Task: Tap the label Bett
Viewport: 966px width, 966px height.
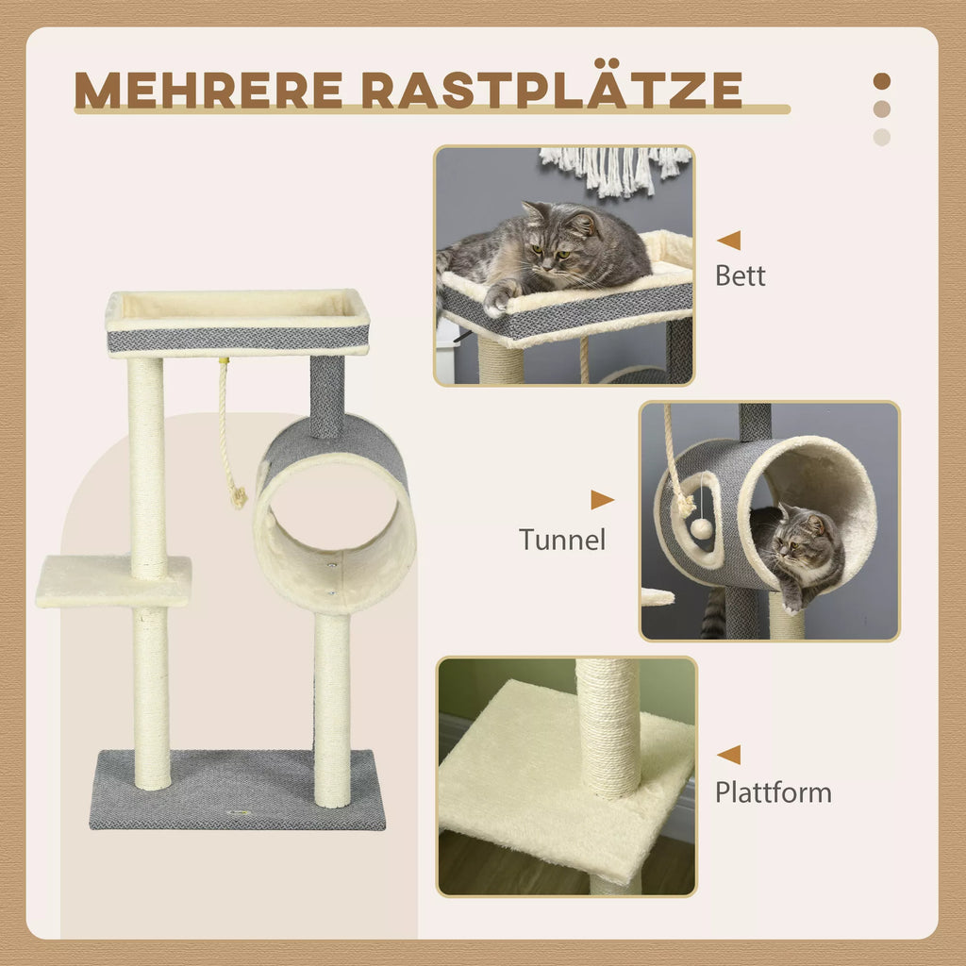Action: (740, 275)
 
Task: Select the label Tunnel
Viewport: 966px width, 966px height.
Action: (562, 539)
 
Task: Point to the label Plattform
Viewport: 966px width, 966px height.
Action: (774, 792)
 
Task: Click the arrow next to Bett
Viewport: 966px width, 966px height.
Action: (729, 241)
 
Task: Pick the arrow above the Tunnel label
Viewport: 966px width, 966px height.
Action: (602, 500)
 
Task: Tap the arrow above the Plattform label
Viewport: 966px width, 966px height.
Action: (729, 755)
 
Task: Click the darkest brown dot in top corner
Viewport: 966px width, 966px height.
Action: (882, 81)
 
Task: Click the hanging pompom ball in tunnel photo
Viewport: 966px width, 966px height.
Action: (701, 528)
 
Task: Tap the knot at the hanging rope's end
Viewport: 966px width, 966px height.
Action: (239, 497)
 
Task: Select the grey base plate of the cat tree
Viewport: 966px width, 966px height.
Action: (237, 790)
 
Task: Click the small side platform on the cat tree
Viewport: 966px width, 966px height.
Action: (113, 581)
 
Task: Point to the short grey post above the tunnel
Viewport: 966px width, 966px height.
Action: (326, 396)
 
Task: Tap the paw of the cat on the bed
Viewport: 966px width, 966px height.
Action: (498, 297)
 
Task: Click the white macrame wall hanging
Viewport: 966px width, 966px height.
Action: (615, 170)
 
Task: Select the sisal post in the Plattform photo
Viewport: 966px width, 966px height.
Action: (608, 728)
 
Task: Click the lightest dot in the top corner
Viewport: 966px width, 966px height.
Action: (882, 137)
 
